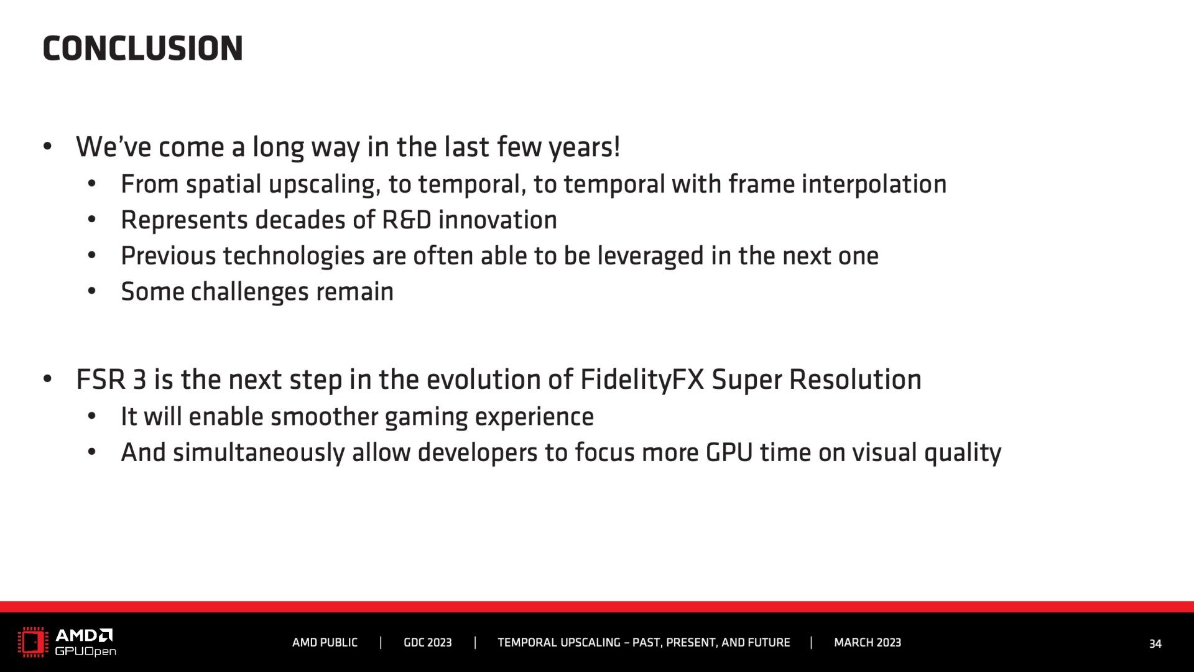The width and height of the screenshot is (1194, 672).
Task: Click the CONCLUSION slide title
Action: tap(142, 49)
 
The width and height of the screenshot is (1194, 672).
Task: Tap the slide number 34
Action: tap(1155, 644)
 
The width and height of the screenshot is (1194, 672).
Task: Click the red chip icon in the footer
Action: tap(33, 642)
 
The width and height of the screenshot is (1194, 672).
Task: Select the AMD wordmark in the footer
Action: tap(84, 635)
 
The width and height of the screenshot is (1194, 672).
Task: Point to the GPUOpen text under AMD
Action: tap(85, 651)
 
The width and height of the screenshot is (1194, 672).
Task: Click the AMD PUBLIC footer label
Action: tap(325, 643)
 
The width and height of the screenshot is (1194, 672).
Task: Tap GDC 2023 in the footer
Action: tap(428, 643)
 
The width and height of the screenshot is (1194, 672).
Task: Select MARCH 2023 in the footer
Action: tap(868, 643)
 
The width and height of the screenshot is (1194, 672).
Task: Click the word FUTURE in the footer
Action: tap(769, 643)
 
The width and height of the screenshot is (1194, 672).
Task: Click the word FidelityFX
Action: tap(642, 380)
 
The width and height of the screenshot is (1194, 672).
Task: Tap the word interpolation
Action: tap(874, 185)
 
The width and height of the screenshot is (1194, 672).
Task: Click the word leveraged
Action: tap(650, 256)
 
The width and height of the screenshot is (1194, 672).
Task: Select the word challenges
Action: tap(249, 292)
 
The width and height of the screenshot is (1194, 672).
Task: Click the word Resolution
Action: tap(855, 380)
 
